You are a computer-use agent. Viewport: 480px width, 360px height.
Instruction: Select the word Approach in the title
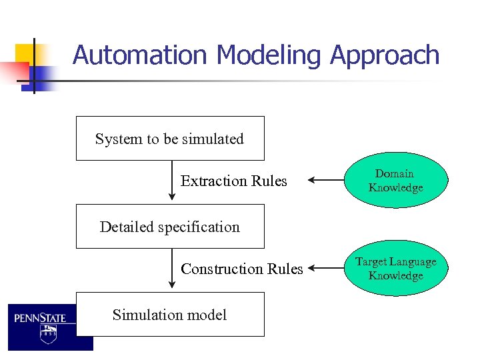385,55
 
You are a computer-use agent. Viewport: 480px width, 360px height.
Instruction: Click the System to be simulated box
170,139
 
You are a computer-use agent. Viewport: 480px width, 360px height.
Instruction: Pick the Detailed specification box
170,227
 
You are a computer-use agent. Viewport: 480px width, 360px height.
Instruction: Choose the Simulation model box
170,315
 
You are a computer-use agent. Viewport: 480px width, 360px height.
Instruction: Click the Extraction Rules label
234,181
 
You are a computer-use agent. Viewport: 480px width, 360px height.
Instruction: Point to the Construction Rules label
242,269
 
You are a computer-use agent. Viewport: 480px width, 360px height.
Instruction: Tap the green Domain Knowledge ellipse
396,181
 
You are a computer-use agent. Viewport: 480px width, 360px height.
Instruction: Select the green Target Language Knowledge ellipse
396,269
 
